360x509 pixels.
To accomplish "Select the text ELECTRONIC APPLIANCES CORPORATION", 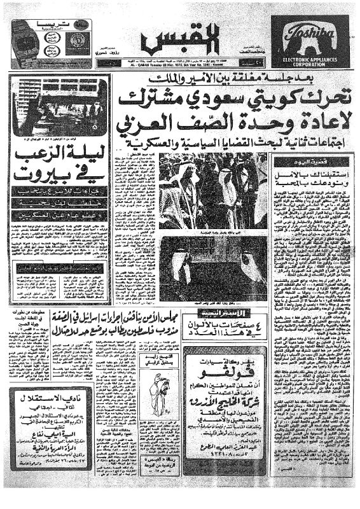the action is tap(311, 61).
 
